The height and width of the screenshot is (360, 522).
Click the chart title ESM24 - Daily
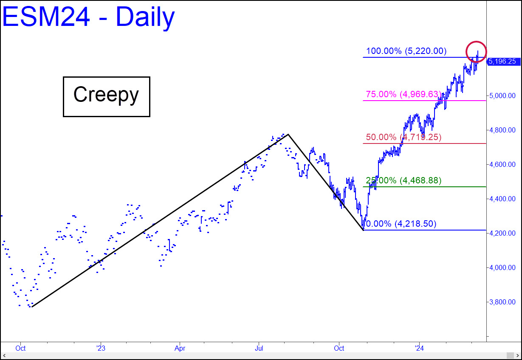click(x=88, y=17)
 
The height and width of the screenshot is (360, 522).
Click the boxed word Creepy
click(x=106, y=96)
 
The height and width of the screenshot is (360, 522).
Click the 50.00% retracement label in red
click(x=403, y=138)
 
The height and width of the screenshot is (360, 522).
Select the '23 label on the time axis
click(x=100, y=349)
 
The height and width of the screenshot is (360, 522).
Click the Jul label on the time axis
click(x=259, y=349)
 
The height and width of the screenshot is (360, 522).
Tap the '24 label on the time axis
click(x=419, y=349)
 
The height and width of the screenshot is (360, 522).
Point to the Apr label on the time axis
click(x=179, y=349)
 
